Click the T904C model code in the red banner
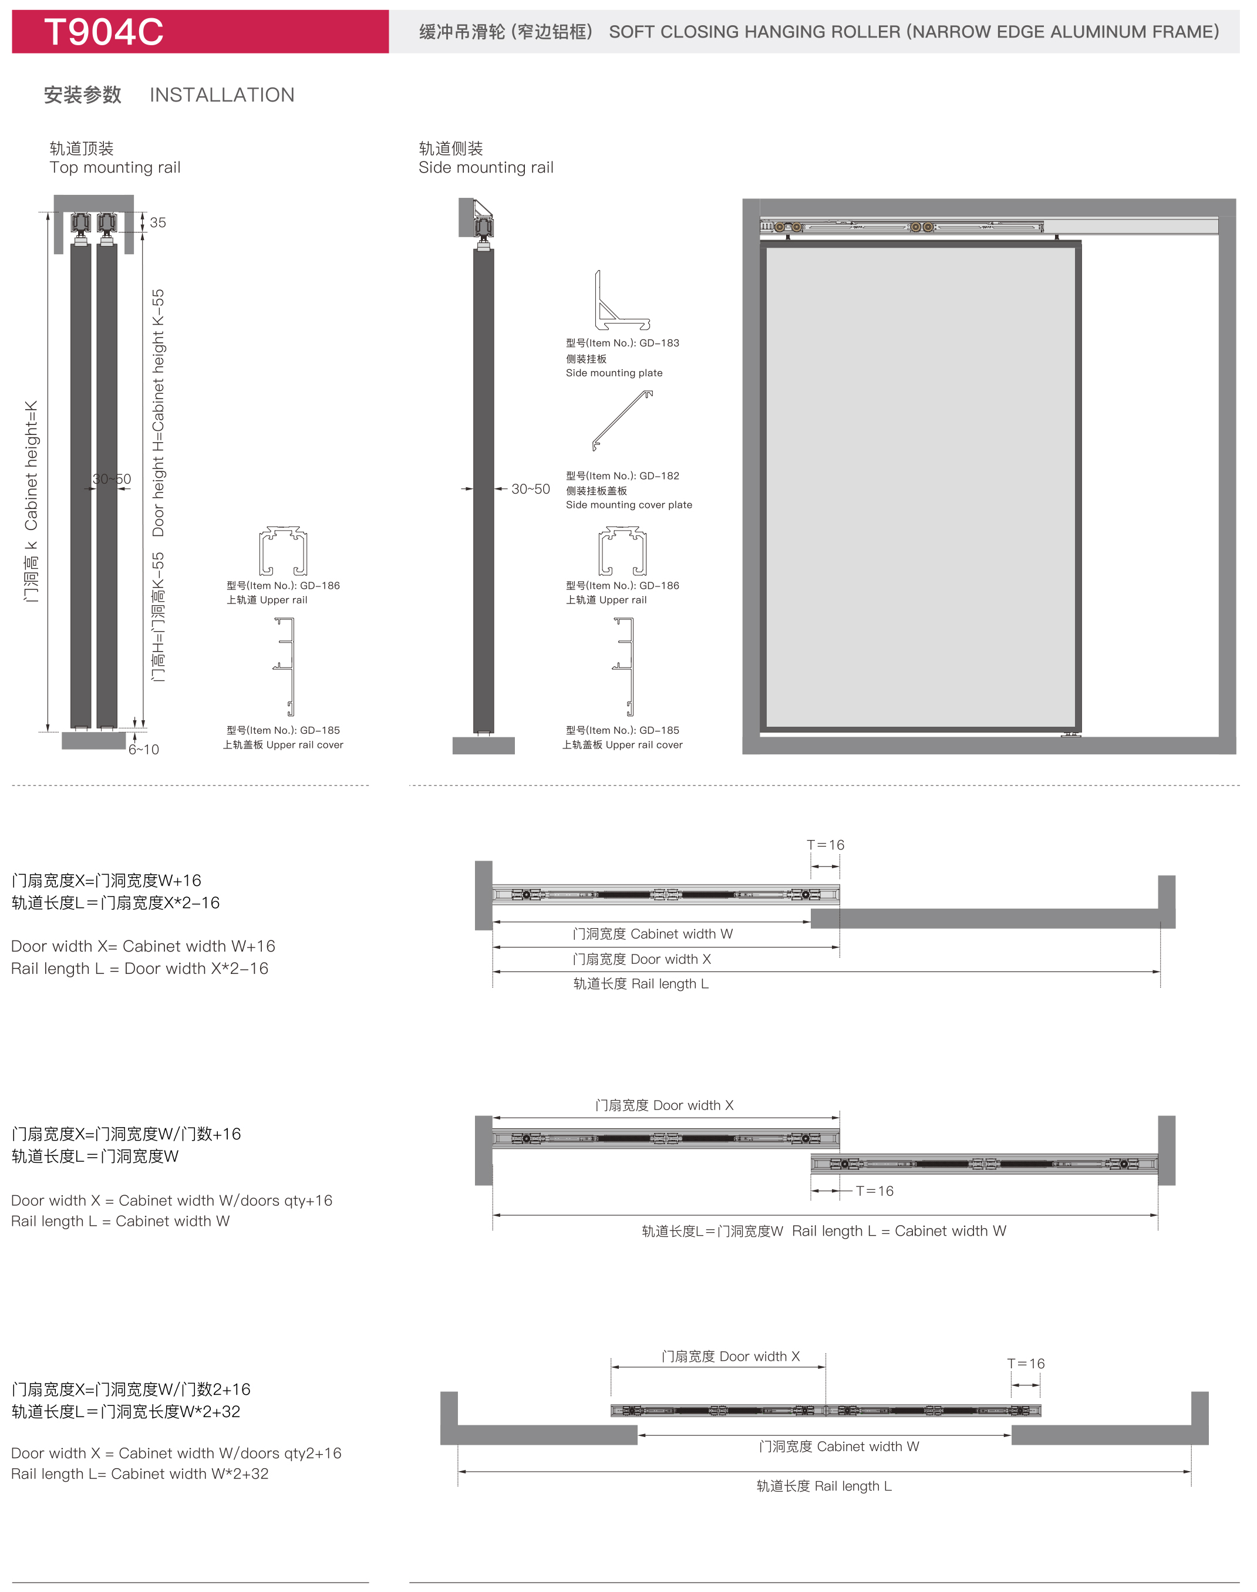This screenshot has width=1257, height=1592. [x=104, y=32]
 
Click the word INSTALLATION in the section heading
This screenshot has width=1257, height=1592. [x=223, y=95]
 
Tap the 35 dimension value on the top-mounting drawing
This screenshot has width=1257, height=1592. [x=159, y=222]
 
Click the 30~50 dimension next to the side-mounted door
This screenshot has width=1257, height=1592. [x=531, y=489]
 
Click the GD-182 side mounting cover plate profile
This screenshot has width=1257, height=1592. [x=622, y=420]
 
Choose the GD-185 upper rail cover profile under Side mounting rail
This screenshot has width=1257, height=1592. [x=624, y=666]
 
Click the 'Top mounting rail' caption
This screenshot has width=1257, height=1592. [x=115, y=168]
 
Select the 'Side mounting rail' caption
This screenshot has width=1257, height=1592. [x=486, y=168]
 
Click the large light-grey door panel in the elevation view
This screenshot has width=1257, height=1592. [x=920, y=487]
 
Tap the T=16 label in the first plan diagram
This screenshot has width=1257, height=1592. [x=825, y=845]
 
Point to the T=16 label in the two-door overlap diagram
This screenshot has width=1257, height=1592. [x=875, y=1191]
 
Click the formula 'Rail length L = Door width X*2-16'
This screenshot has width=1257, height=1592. [x=140, y=969]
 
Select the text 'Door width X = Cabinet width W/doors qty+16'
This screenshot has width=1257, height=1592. [x=171, y=1200]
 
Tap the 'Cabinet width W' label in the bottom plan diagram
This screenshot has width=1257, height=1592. [x=868, y=1446]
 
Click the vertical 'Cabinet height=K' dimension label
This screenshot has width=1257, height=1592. [x=31, y=466]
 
